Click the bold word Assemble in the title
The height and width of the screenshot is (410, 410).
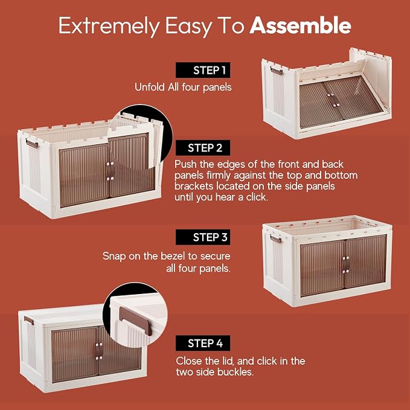pos(300,25)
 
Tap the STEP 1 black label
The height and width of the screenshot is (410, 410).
pos(203,70)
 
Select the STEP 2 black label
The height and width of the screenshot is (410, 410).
pos(203,148)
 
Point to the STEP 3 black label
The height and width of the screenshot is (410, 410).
pos(203,237)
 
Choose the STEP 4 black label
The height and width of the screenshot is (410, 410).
pos(203,343)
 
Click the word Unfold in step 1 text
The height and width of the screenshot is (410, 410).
pos(150,87)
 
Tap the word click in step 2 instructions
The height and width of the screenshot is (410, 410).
pos(257,197)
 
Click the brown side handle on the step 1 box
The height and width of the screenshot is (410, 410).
pos(276,71)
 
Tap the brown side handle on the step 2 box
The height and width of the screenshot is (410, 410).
pos(31,143)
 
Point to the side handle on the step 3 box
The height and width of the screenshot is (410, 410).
pos(275,239)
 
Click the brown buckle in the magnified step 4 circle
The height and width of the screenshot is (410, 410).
pos(135,321)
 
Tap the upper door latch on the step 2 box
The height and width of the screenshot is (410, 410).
pos(110,164)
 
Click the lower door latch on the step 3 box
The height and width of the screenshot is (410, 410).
pos(345,271)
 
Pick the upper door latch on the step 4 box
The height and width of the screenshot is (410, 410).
pos(98,345)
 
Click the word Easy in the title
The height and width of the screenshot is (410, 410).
pos(188,26)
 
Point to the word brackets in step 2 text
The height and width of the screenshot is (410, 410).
pos(194,186)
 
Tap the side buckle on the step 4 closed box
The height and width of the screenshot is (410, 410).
pos(29,321)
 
